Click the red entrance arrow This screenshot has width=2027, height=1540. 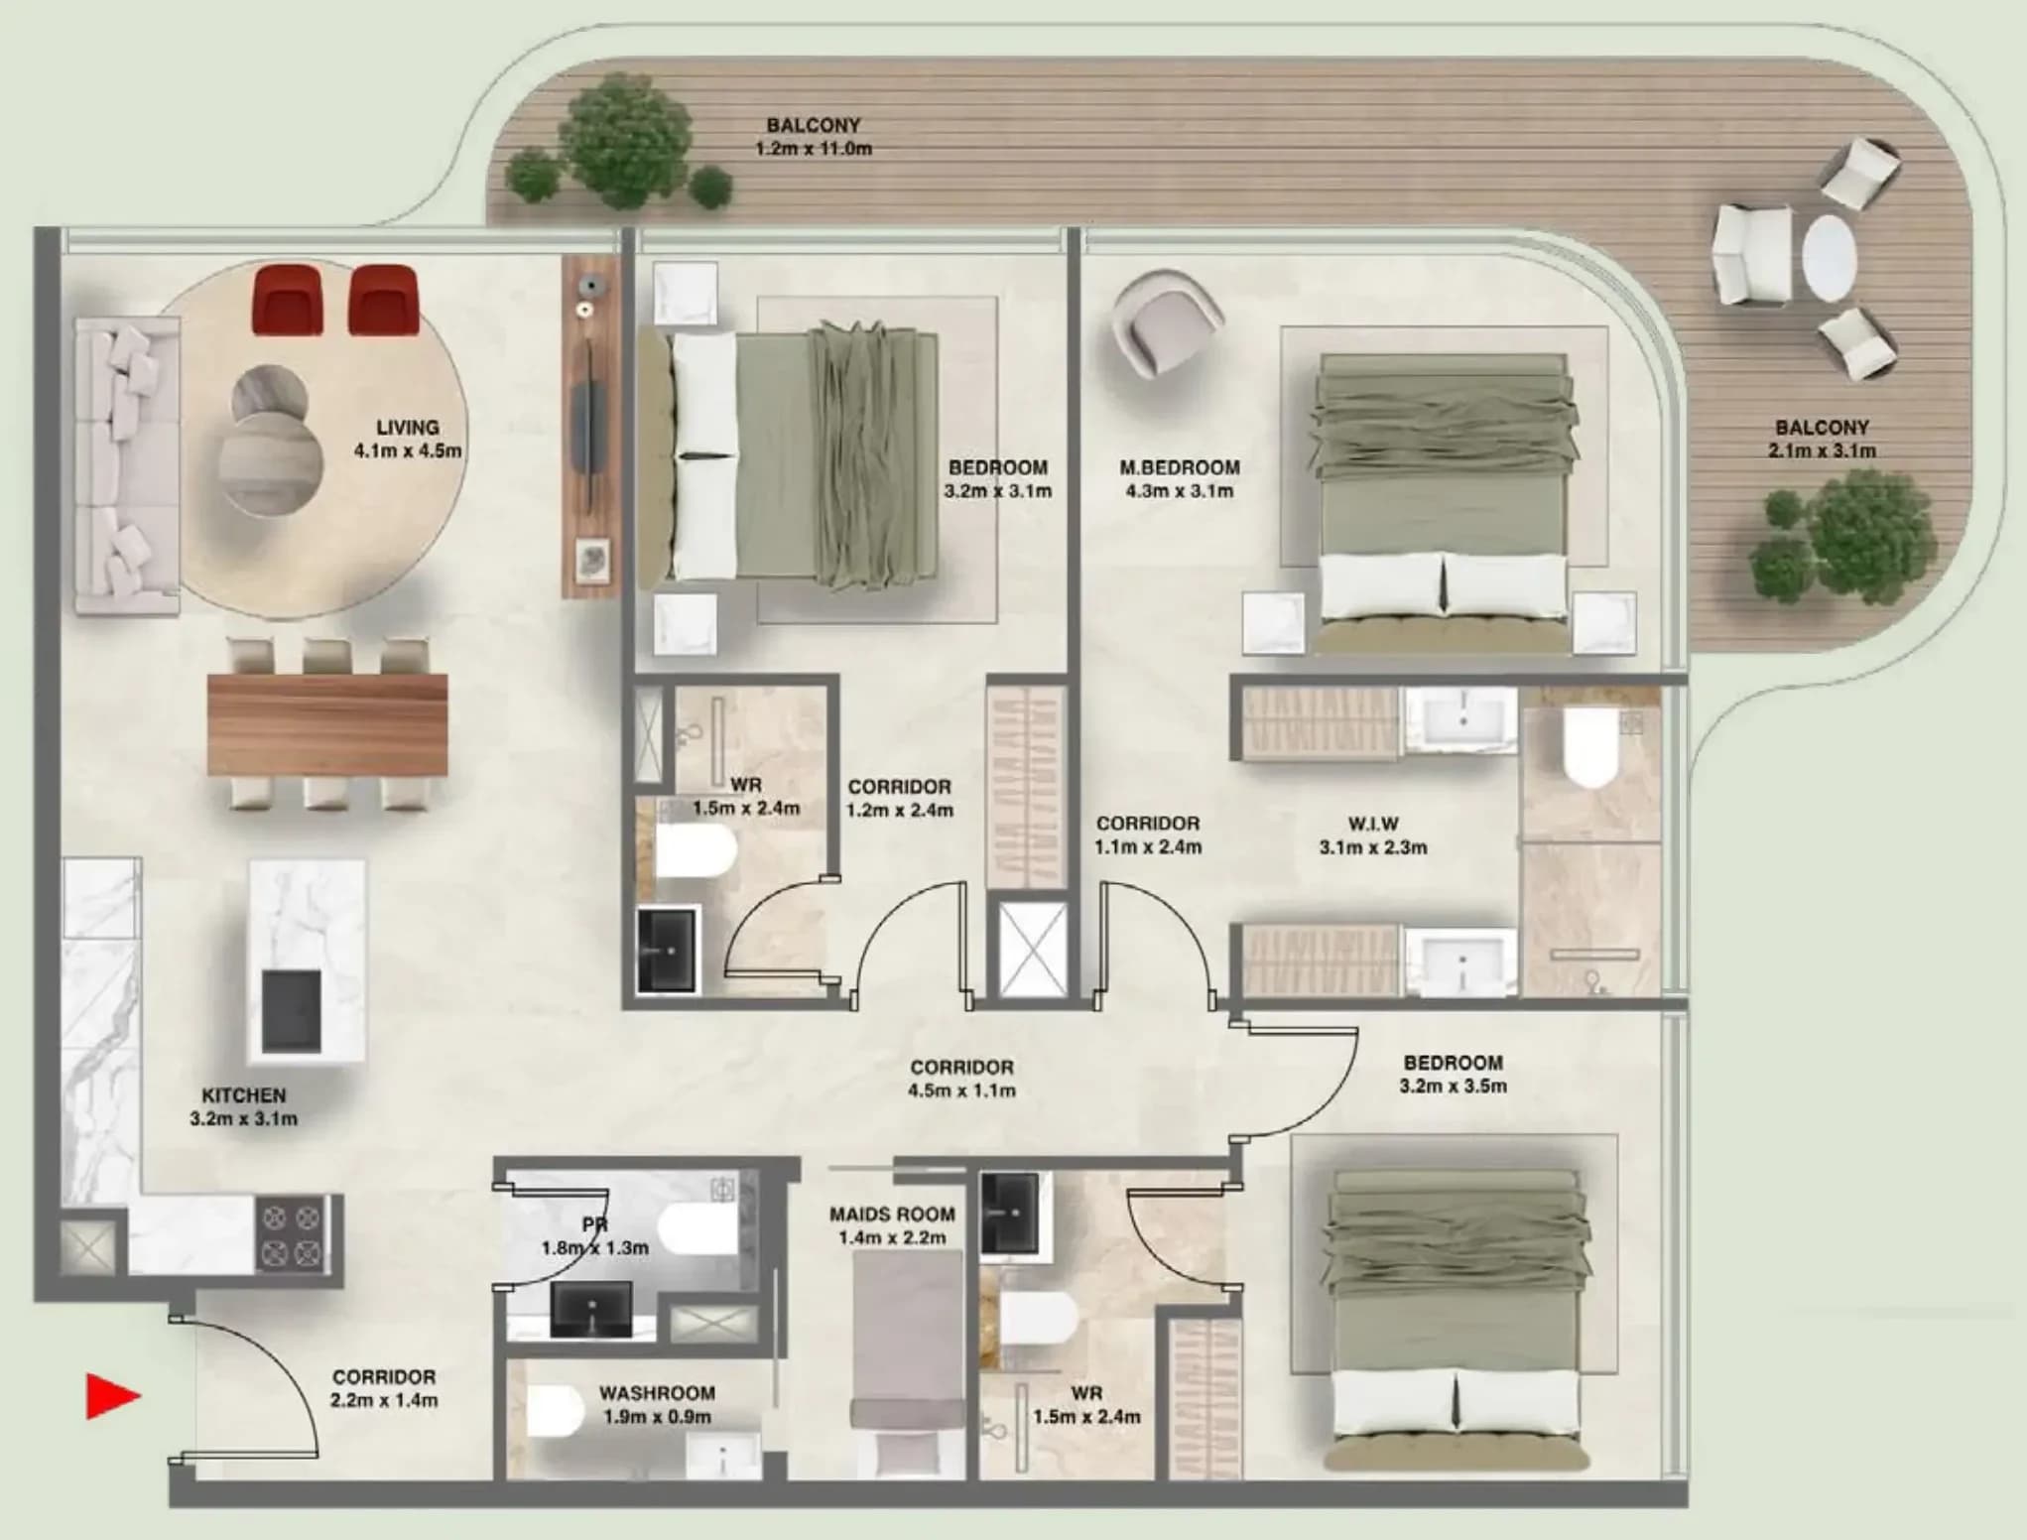112,1396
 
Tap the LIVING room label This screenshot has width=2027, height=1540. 408,428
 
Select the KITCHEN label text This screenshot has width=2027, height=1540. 244,1095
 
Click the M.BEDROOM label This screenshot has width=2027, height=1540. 1180,467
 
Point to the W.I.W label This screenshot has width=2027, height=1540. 1373,824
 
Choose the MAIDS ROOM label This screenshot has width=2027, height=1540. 892,1214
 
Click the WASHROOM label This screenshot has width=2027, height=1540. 657,1393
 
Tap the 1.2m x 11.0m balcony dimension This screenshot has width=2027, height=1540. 814,149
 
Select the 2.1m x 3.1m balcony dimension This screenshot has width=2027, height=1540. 1822,450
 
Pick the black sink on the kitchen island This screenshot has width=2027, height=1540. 291,1011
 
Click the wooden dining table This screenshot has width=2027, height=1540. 327,724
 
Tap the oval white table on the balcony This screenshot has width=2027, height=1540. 1829,258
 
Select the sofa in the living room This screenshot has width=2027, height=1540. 127,466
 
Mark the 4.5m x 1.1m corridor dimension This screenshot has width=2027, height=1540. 962,1091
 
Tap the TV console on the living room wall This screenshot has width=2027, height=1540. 591,427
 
